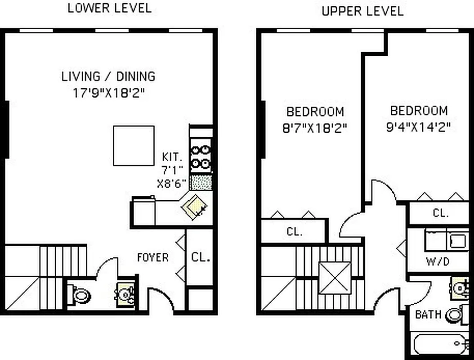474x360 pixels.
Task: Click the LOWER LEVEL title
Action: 109,8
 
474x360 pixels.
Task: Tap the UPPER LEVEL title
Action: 362,11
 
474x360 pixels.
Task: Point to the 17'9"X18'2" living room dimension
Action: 110,93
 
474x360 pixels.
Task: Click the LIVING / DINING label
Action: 108,76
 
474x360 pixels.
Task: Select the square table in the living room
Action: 134,145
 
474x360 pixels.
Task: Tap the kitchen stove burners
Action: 201,156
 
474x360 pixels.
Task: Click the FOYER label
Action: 153,257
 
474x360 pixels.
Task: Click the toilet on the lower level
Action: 81,296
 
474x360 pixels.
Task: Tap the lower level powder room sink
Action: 125,295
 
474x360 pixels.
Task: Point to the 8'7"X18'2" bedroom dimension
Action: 315,128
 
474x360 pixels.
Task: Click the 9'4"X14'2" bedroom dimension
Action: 418,127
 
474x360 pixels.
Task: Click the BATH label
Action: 428,314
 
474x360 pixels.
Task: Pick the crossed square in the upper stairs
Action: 335,278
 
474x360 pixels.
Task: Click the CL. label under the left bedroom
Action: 295,232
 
